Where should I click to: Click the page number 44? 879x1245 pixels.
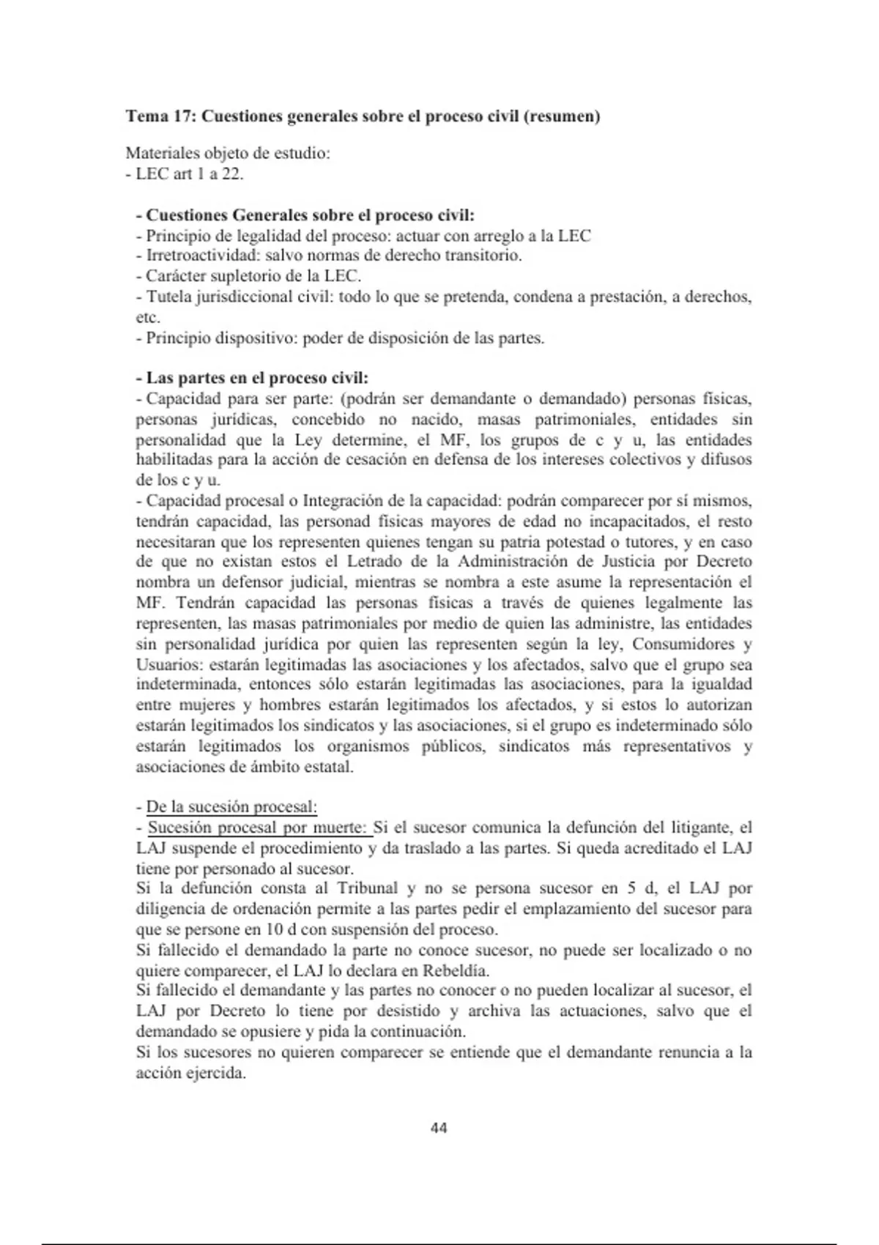pos(439,1128)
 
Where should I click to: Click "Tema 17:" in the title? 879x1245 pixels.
pos(161,116)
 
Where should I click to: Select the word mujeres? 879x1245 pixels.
pos(208,705)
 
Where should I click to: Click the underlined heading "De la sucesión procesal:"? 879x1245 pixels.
pos(231,807)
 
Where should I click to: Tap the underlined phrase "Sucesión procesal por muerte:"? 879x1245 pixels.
pos(259,828)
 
